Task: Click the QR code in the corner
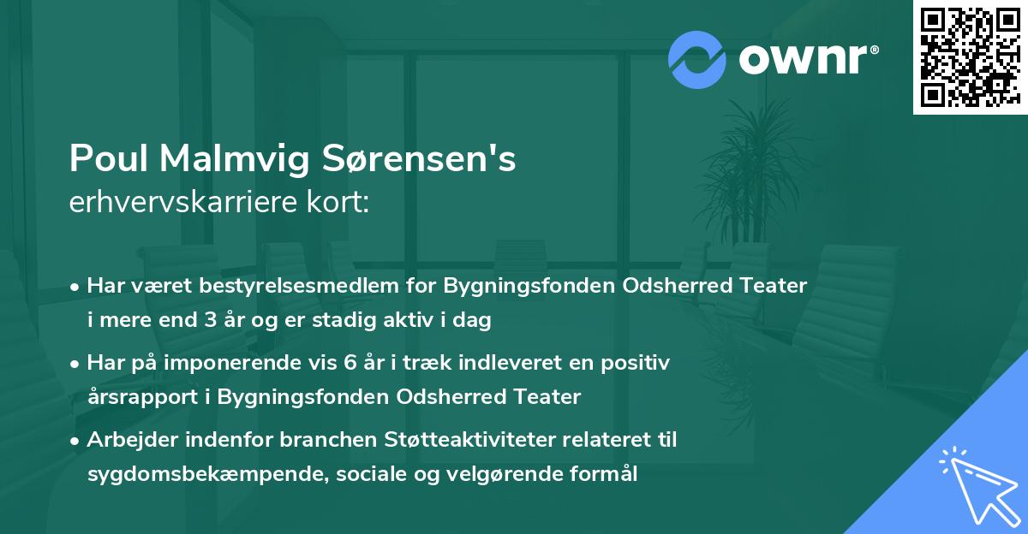(970, 56)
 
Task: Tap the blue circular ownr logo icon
(697, 58)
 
